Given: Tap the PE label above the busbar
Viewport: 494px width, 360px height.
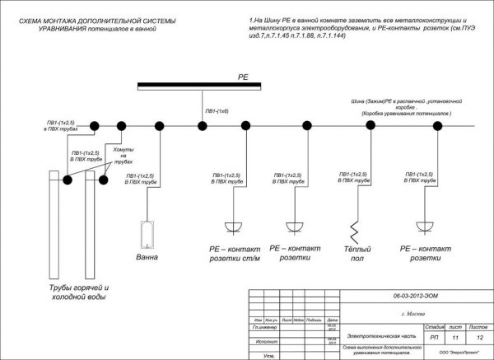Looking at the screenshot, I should [x=243, y=76].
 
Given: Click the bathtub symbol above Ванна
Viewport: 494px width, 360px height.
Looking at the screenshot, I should [x=148, y=235].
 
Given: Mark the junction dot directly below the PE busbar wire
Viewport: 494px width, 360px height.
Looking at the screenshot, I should [x=202, y=125].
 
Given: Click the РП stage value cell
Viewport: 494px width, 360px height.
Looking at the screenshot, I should [x=434, y=338].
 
